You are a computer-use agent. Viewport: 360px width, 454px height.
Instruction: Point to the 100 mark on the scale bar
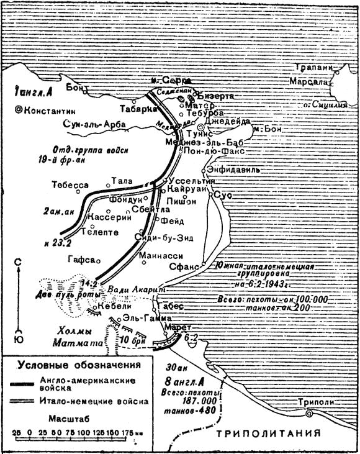coord(83,430)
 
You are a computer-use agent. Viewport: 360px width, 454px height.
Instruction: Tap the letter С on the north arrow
coord(19,261)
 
